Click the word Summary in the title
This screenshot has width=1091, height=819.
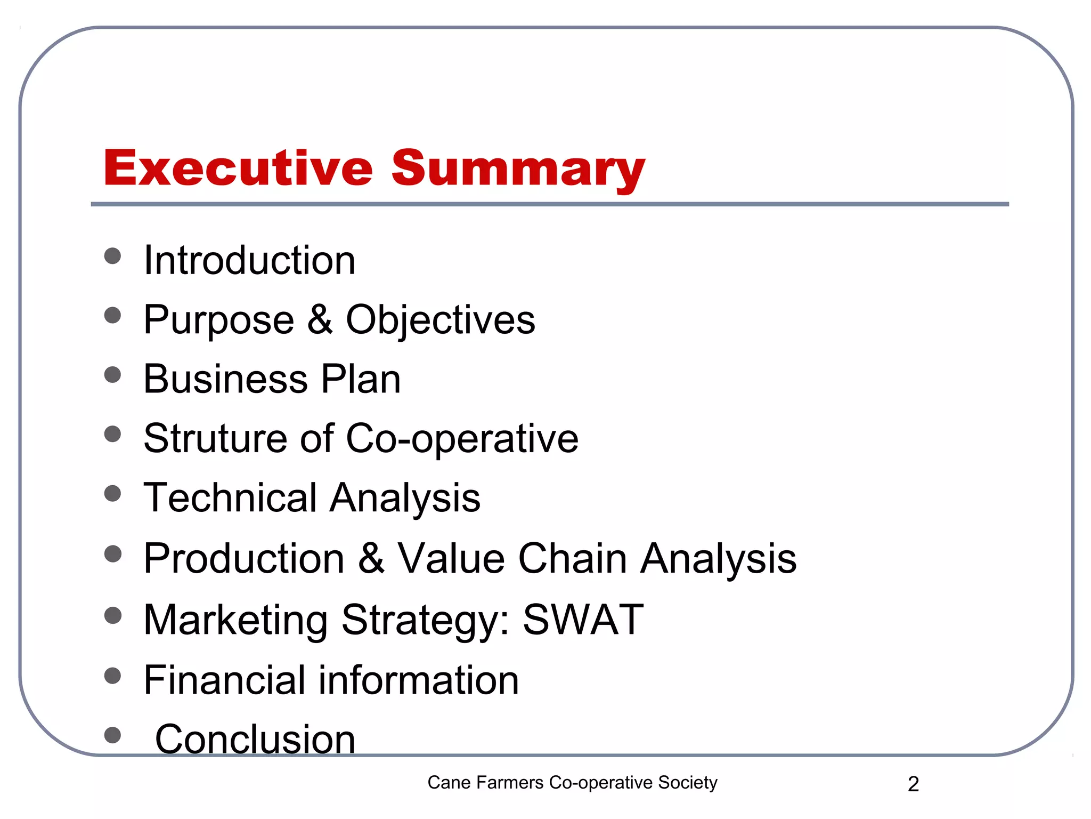(x=518, y=170)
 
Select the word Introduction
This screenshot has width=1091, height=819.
(x=249, y=260)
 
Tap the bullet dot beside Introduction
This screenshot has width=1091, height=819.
(x=113, y=256)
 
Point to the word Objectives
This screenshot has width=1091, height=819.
(x=441, y=320)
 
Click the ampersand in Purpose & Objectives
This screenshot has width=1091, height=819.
(x=320, y=319)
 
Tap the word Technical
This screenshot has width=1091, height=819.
(x=230, y=497)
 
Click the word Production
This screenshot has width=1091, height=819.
(x=244, y=558)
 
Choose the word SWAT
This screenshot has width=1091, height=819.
(x=583, y=619)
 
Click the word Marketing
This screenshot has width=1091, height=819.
(x=235, y=620)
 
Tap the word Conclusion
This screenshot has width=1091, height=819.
(x=255, y=739)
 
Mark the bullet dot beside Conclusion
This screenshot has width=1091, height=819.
(x=113, y=735)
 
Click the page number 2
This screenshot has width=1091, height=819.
(x=913, y=784)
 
